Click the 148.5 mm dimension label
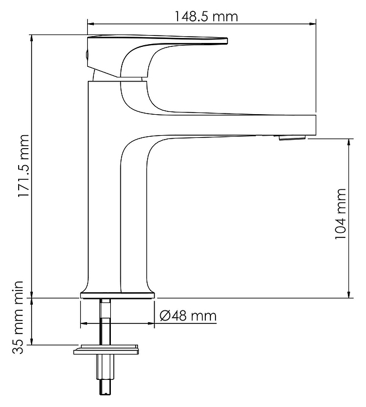point(205,16)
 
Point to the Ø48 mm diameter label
point(188,316)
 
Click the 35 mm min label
point(18,317)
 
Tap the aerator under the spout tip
point(292,137)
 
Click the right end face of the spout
point(316,125)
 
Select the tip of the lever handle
point(227,41)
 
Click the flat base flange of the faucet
point(118,296)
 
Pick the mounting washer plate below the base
point(106,350)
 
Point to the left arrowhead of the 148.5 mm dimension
point(91,24)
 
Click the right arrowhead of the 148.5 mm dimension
point(313,24)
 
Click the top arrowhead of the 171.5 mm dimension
point(32,38)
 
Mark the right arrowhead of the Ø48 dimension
point(151,323)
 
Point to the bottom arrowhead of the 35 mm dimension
point(32,341)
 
